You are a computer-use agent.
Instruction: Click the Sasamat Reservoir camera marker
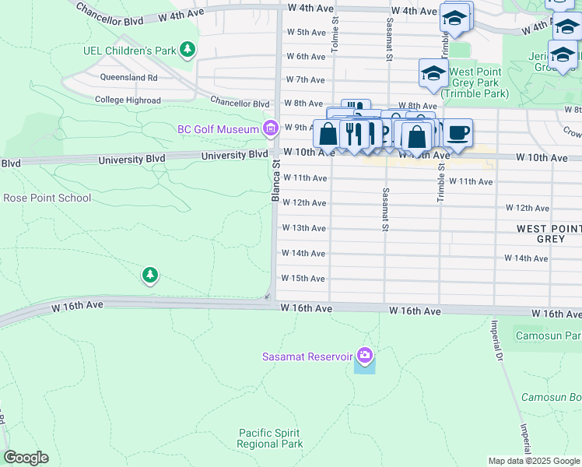point(364,356)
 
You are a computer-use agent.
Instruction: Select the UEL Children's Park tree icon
point(187,51)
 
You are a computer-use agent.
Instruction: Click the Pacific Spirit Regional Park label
point(270,438)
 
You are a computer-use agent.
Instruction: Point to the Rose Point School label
point(47,198)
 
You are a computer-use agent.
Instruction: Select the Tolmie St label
point(335,36)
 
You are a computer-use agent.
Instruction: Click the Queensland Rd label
point(129,78)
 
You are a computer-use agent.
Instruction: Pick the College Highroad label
point(128,100)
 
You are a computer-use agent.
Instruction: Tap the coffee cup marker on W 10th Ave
point(458,132)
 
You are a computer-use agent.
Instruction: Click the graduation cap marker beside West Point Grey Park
point(433,74)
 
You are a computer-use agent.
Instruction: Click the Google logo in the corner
point(26,458)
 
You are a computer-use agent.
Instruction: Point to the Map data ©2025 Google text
point(533,461)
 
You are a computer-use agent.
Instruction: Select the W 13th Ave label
point(303,228)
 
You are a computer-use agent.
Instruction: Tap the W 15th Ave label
point(303,278)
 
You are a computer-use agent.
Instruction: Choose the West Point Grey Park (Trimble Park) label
point(475,83)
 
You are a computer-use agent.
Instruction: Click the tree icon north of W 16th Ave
point(149,275)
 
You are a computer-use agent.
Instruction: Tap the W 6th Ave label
point(305,57)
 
